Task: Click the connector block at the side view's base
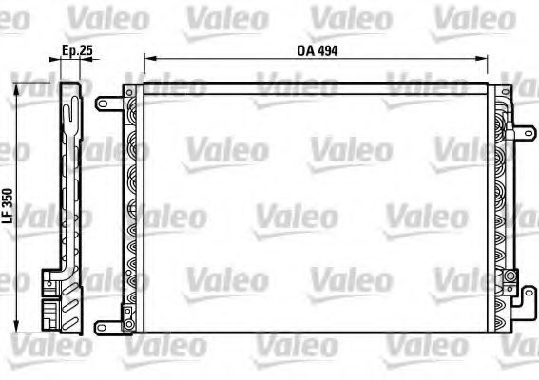[56, 309]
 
